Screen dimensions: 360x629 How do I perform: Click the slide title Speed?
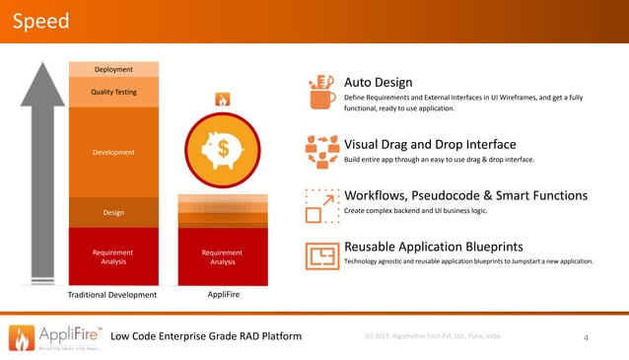(x=40, y=20)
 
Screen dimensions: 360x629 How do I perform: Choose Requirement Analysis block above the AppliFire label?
(x=223, y=256)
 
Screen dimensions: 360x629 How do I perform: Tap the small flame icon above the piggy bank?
(x=223, y=100)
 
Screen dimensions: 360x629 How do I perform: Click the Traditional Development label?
(x=112, y=295)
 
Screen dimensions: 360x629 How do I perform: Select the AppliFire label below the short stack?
(x=224, y=295)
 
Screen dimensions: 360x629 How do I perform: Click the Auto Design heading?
(x=378, y=82)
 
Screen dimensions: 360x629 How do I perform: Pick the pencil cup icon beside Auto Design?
(x=321, y=92)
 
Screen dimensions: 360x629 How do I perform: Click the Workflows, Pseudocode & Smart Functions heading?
(x=465, y=195)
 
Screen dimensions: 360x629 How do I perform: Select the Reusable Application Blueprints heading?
(x=433, y=246)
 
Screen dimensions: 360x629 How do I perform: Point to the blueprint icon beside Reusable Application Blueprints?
(x=321, y=255)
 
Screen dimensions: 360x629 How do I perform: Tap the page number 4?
(x=587, y=339)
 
